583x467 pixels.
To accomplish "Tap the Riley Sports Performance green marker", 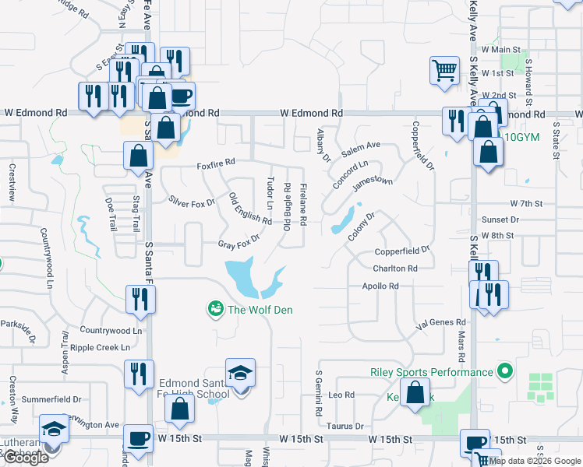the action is [x=504, y=372].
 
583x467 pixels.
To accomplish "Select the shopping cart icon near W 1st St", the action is [x=444, y=71].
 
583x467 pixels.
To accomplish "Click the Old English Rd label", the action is [x=250, y=209].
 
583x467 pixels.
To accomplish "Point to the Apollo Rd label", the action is [x=380, y=286].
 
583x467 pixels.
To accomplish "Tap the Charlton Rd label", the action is [x=395, y=269].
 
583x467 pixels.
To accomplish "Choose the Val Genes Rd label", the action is [x=441, y=322].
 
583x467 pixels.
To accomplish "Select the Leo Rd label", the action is [x=341, y=395].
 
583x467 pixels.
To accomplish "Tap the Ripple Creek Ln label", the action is [x=100, y=347].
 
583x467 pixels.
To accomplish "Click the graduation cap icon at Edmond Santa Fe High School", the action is [x=240, y=372].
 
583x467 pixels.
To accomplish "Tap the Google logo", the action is [x=26, y=458].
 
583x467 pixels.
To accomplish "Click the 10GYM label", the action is [x=521, y=137].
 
